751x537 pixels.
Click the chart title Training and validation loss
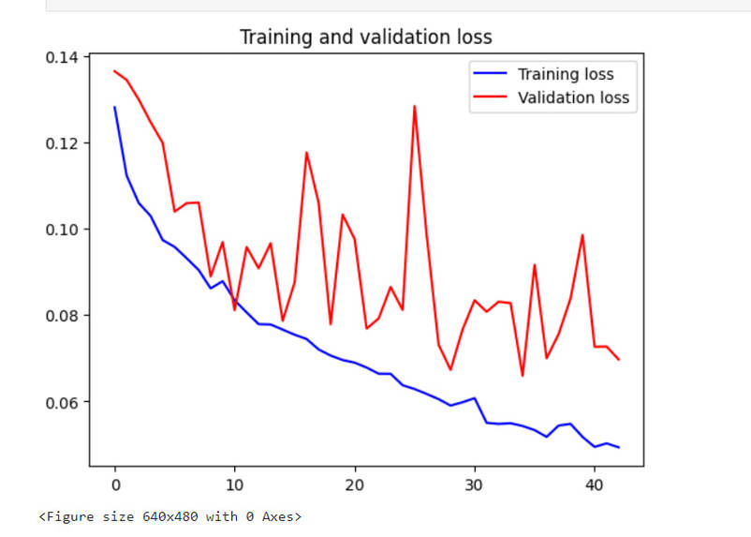coord(365,37)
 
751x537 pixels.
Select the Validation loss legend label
coord(573,97)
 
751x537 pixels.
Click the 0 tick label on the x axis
coord(115,485)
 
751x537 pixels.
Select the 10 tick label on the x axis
coord(235,485)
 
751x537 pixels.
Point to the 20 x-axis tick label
coord(355,485)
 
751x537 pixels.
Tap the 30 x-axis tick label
coord(475,485)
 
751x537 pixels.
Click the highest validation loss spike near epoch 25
coord(414,106)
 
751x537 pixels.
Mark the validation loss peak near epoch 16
coord(306,152)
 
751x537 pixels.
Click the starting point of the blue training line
coord(115,107)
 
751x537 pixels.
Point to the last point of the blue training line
coord(619,447)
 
